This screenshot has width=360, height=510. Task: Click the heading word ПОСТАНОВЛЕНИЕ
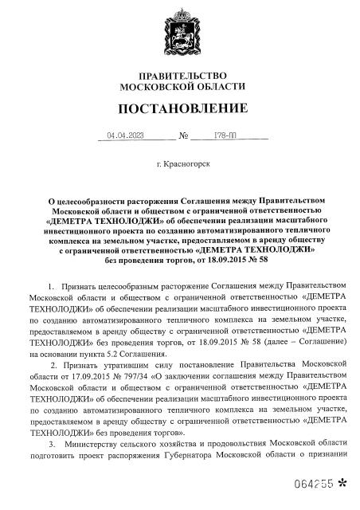pyautogui.click(x=181, y=107)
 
